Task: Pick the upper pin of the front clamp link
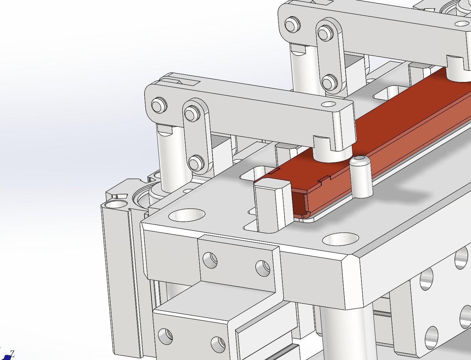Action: (192, 113)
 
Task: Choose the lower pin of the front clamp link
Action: (196, 163)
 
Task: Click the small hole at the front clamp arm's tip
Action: (328, 104)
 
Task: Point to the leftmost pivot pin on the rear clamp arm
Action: (292, 25)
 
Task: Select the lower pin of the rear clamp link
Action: (329, 82)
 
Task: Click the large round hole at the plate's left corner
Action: (187, 215)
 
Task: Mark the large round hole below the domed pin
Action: (340, 239)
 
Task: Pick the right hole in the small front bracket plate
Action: (263, 268)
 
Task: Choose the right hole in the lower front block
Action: (218, 345)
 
